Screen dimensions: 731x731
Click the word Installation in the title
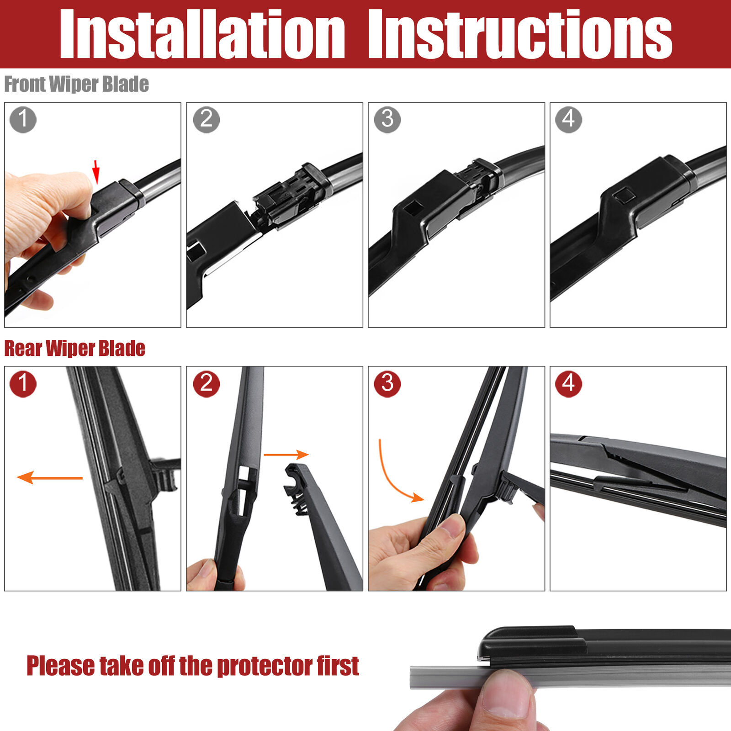coord(202,34)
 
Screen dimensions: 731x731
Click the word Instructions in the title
coord(520,34)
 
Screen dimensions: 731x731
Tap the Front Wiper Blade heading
coord(77,85)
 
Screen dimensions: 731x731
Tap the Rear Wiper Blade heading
coord(75,349)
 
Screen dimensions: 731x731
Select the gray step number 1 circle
coord(23,120)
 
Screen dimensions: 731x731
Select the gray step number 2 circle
coord(207,120)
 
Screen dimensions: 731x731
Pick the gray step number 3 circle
coord(387,120)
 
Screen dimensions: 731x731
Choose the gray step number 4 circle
coord(569,120)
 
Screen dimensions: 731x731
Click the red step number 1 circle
coord(23,384)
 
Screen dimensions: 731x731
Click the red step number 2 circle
coord(207,384)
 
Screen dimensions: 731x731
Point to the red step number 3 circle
coord(387,384)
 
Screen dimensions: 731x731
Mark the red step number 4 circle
coord(569,384)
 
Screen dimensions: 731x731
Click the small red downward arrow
coord(96,172)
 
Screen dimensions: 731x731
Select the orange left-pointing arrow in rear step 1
coord(50,478)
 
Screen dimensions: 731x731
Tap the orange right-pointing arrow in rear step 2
coord(286,455)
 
